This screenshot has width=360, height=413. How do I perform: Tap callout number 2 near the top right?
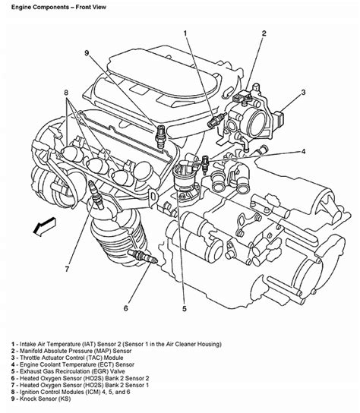tap(264, 33)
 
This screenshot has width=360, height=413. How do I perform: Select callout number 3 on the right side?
tap(303, 93)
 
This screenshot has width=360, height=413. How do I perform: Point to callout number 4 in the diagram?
tap(302, 151)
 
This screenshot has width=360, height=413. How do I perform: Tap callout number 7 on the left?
tap(67, 269)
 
